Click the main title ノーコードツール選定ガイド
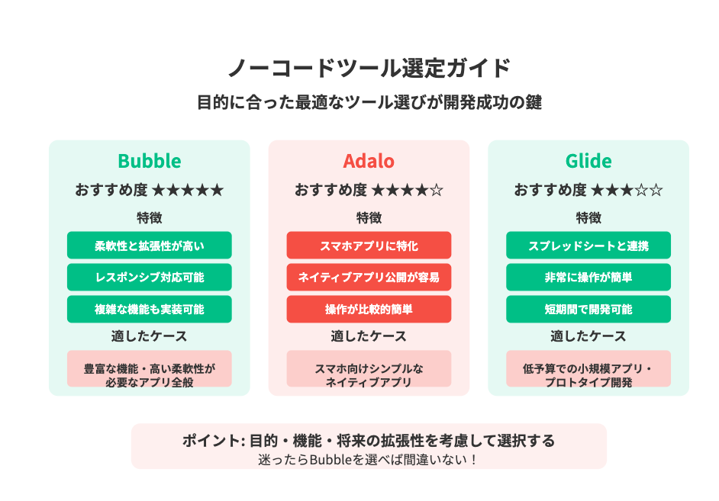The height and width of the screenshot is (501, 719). tap(369, 68)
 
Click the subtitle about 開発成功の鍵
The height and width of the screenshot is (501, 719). tap(369, 102)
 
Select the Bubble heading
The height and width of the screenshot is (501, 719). tap(150, 161)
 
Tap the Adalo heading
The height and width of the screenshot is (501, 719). tap(369, 161)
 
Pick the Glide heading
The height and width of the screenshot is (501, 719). tap(588, 161)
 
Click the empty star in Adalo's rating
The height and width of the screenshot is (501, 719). tap(437, 190)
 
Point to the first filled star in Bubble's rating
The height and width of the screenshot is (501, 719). tap(158, 190)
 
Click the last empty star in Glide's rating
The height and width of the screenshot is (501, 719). tap(656, 190)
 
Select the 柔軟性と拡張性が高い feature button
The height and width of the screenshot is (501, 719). tap(150, 246)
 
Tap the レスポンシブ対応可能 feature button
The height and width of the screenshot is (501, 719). tap(150, 277)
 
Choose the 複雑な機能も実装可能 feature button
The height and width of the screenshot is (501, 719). tap(150, 309)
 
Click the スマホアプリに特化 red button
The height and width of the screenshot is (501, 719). tap(369, 246)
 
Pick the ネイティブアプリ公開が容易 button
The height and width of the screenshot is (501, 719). tap(369, 277)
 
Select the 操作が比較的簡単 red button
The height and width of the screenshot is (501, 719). tap(369, 309)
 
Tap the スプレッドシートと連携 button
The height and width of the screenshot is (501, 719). tap(588, 246)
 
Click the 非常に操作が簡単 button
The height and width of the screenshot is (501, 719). tap(588, 277)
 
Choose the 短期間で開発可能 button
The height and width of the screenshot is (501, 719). tap(588, 309)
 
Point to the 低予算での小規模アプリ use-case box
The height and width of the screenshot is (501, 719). tap(588, 368)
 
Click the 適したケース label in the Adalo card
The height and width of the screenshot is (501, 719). tap(369, 336)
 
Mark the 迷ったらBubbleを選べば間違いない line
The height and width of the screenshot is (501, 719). tap(369, 459)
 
